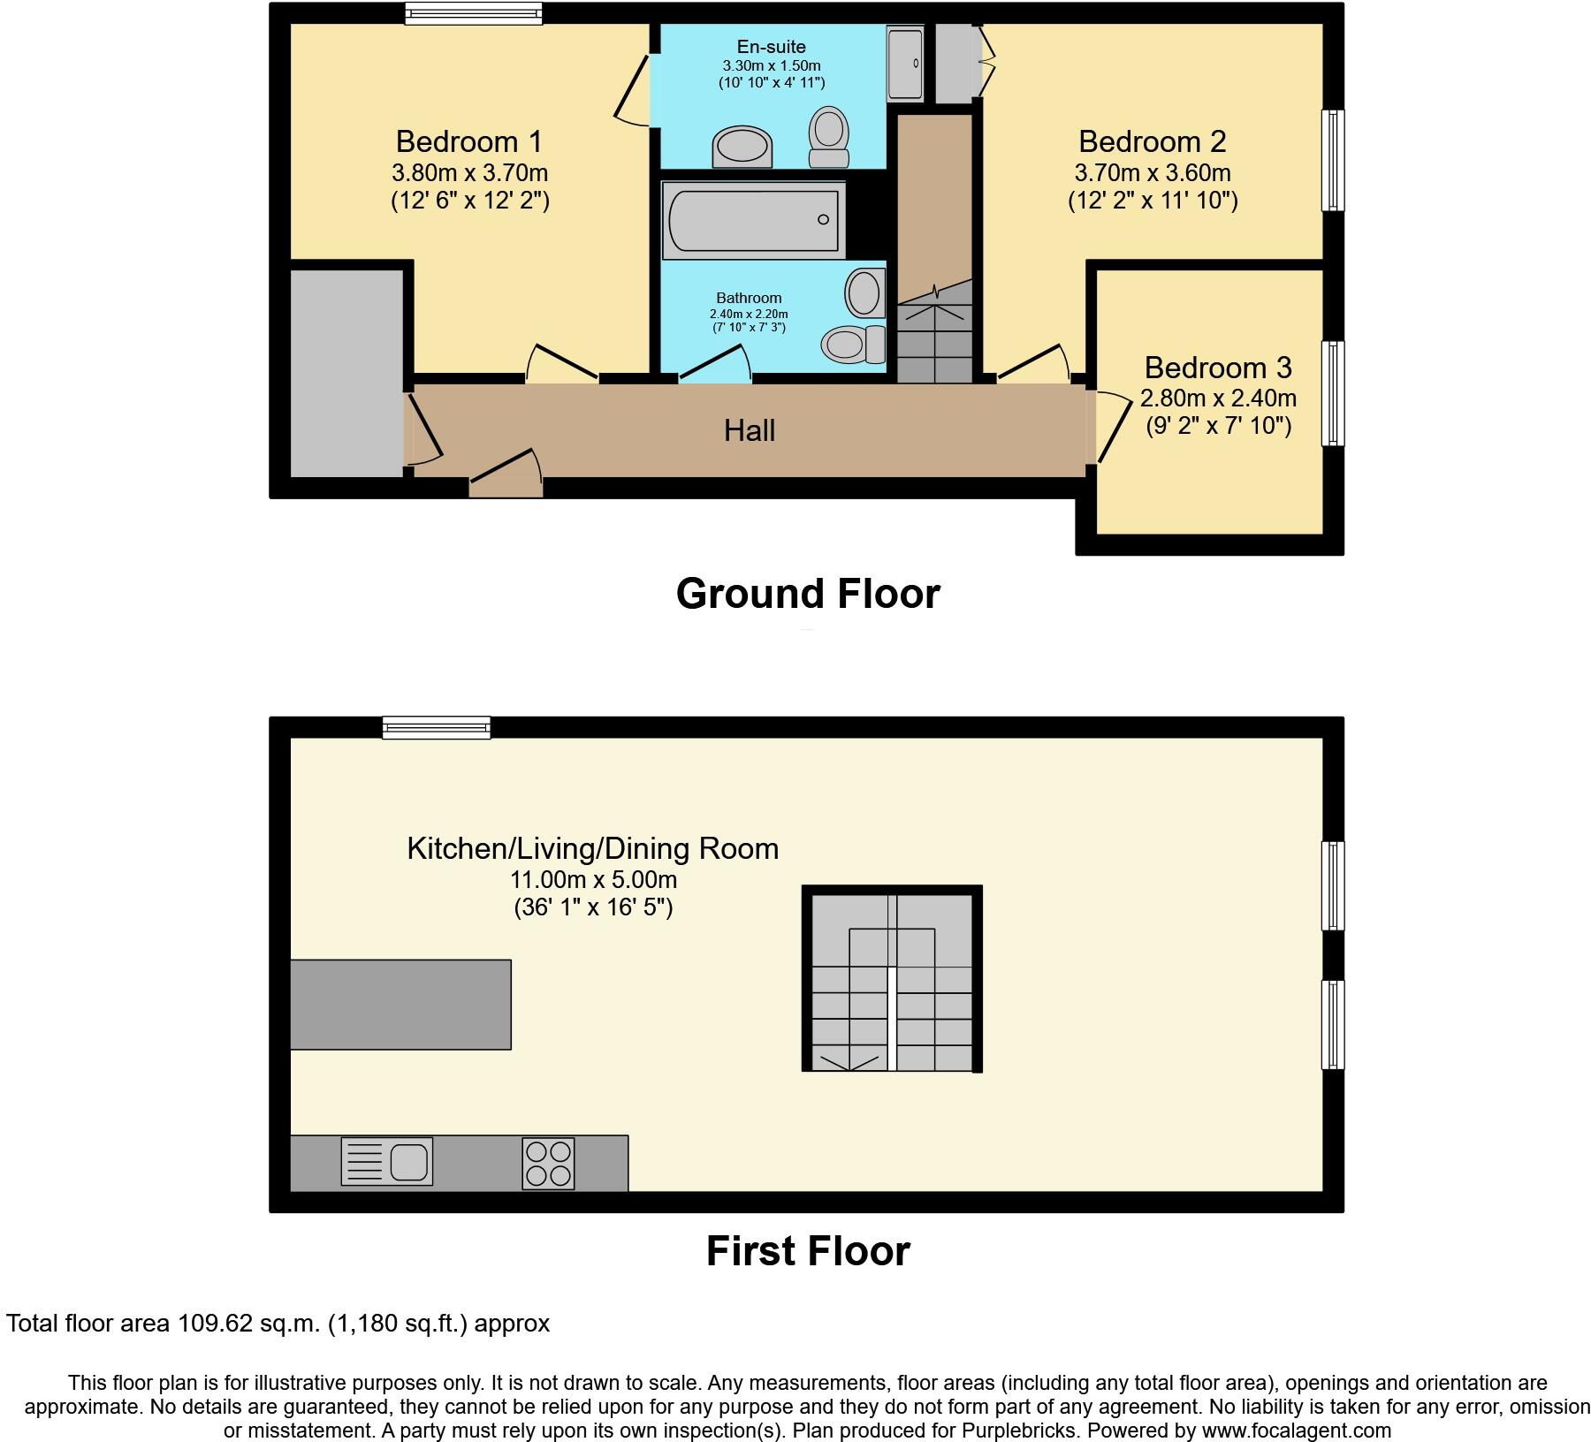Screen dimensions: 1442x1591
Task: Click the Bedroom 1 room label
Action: point(468,141)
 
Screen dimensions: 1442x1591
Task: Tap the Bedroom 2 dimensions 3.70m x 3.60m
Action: point(1153,172)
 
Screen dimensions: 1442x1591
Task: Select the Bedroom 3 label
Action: point(1217,368)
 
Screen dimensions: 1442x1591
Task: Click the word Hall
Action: point(750,431)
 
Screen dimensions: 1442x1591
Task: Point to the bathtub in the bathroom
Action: point(753,220)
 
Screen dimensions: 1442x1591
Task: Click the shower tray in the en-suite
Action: point(905,64)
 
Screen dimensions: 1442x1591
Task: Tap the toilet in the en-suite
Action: point(828,138)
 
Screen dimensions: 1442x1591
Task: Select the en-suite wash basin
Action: point(742,146)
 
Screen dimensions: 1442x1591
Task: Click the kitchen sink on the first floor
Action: point(387,1161)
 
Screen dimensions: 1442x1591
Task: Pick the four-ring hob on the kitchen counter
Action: point(548,1164)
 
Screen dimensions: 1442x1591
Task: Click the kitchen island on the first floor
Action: point(400,1005)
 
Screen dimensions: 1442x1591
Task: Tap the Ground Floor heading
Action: point(808,594)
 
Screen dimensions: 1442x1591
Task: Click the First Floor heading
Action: point(808,1251)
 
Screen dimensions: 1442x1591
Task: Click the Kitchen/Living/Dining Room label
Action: point(592,849)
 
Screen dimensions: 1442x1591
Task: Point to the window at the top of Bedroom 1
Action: point(474,12)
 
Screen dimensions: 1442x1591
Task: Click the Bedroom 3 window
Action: point(1333,393)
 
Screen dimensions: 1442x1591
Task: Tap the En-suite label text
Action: point(772,47)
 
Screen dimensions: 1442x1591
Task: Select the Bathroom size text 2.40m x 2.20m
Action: point(749,314)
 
